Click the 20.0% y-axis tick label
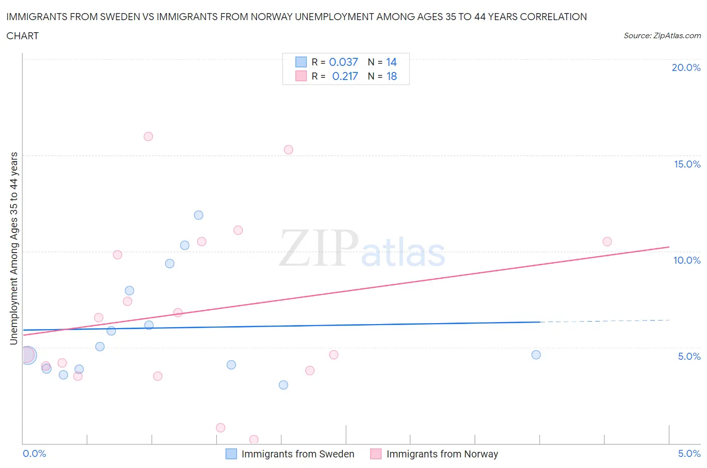tap(686, 67)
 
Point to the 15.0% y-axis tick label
tap(687, 164)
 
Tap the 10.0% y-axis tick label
tap(687, 260)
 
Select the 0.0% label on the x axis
tap(34, 453)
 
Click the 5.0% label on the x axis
tap(689, 453)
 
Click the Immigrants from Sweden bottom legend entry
tap(298, 454)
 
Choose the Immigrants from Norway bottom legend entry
tap(442, 454)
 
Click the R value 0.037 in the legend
tap(343, 62)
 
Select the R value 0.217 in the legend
tap(345, 76)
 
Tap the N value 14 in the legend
tap(391, 62)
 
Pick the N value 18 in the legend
tap(391, 76)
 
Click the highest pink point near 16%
tap(148, 136)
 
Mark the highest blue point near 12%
tap(199, 215)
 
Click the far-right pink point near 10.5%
tap(607, 242)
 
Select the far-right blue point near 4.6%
tap(536, 355)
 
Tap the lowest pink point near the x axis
tap(254, 439)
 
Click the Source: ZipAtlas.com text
tap(662, 36)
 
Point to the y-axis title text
tap(14, 248)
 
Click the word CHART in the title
tap(23, 36)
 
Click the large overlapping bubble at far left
tap(28, 355)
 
